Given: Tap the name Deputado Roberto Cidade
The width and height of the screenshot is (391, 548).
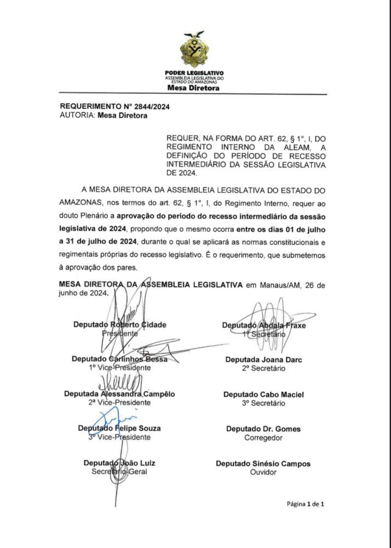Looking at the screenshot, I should coord(119,324).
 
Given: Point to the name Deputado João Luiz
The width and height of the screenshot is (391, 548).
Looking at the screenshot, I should coord(119,463).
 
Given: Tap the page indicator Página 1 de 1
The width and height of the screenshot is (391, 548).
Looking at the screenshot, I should coord(306,504).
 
